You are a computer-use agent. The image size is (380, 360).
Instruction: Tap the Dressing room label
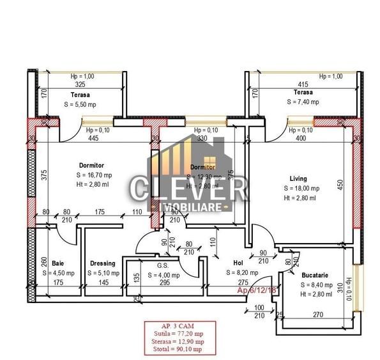tap(102, 263)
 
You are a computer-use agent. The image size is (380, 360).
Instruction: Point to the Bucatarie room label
tap(315, 275)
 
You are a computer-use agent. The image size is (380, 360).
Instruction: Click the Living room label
tap(297, 178)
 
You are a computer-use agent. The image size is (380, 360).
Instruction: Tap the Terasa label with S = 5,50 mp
tap(80, 94)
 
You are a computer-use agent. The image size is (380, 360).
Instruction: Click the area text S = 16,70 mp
tap(94, 175)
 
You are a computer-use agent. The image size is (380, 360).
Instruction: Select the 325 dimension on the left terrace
tap(80, 84)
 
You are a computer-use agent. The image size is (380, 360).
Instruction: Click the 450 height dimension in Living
tap(340, 184)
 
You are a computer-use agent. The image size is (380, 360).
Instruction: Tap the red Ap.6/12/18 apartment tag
tap(255, 290)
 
